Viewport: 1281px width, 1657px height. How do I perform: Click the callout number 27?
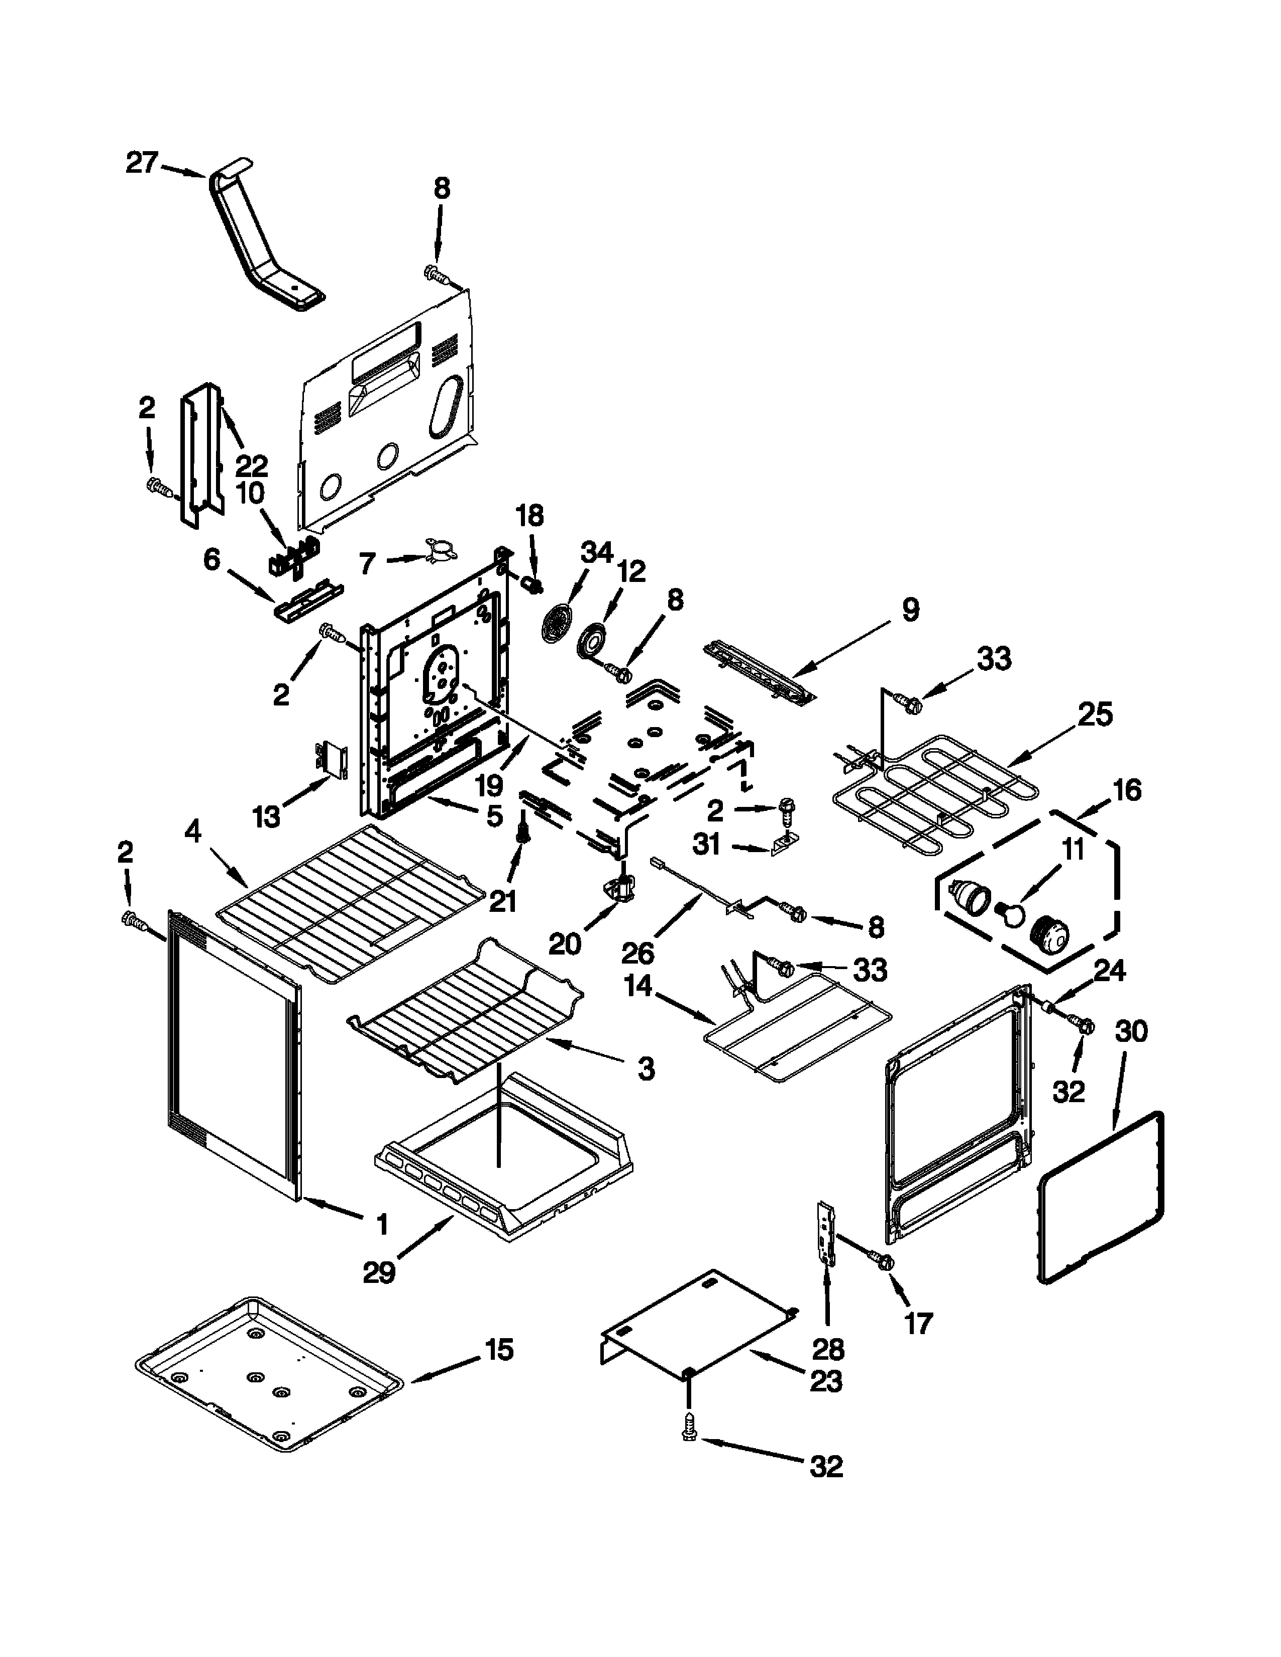point(141,163)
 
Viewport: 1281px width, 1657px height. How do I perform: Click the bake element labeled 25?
point(933,797)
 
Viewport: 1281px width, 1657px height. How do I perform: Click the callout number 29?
point(379,1271)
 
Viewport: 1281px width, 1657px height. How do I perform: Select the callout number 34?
point(597,552)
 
